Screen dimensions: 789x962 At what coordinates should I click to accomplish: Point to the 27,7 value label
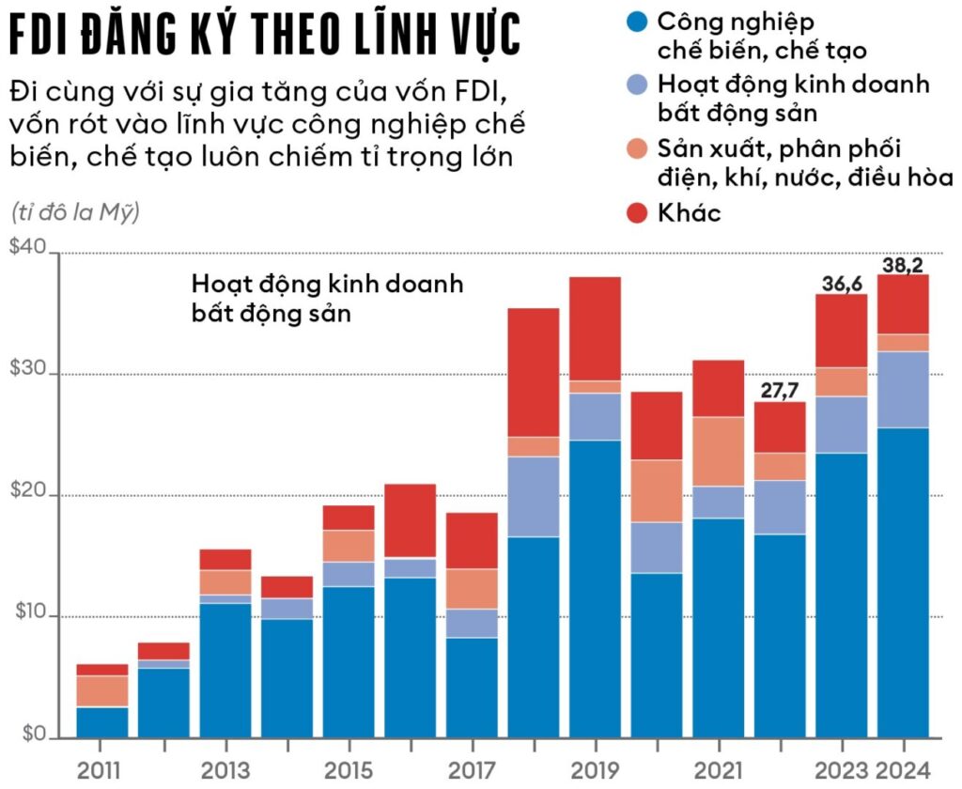click(x=779, y=391)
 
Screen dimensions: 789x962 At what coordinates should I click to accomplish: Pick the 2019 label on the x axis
click(x=594, y=770)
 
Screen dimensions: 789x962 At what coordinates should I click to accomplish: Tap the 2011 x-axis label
click(x=100, y=770)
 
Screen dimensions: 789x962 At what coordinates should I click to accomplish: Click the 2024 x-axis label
click(x=904, y=770)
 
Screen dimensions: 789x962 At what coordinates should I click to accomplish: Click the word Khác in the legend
click(x=690, y=212)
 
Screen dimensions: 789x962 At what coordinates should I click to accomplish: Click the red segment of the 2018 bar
click(x=533, y=372)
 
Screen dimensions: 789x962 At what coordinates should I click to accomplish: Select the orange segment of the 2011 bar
click(x=101, y=690)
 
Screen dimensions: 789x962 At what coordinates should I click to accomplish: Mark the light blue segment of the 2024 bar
click(x=904, y=389)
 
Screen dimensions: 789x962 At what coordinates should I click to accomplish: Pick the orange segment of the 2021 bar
click(x=718, y=451)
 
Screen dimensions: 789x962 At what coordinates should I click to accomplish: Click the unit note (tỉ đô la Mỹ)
click(x=76, y=212)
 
